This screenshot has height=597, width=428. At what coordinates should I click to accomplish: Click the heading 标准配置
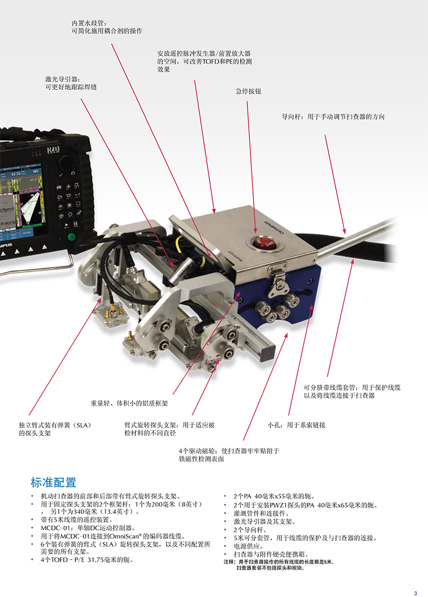tap(53, 482)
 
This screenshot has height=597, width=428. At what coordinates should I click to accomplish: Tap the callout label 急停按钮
tap(248, 92)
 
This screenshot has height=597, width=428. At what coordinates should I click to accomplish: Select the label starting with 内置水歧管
tap(107, 27)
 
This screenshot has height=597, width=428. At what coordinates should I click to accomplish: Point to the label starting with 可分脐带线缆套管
tap(352, 391)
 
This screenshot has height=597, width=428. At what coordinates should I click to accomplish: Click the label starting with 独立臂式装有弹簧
tap(56, 429)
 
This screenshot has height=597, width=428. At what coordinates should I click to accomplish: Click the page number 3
tap(415, 592)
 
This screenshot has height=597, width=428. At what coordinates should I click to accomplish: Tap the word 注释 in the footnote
tap(229, 562)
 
